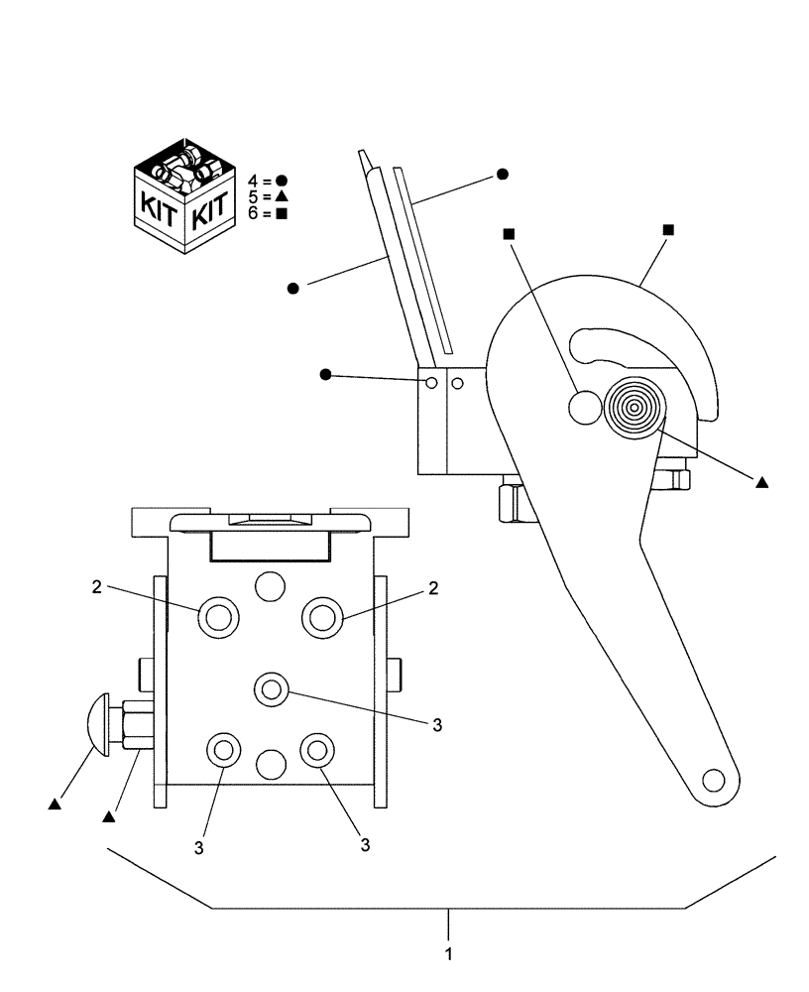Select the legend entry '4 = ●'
(268, 181)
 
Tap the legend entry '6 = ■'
(268, 213)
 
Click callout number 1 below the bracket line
(449, 954)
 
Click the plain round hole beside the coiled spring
(585, 405)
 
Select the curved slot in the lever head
(615, 347)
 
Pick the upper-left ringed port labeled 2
(218, 618)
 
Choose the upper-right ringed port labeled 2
(322, 618)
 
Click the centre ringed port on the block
(271, 687)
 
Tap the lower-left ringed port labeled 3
(222, 750)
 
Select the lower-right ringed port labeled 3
(316, 750)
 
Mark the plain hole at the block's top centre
(270, 586)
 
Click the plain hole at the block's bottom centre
(270, 764)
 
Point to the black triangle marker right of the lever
(761, 483)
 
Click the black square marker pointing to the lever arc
(668, 230)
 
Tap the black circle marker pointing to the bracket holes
(326, 374)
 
